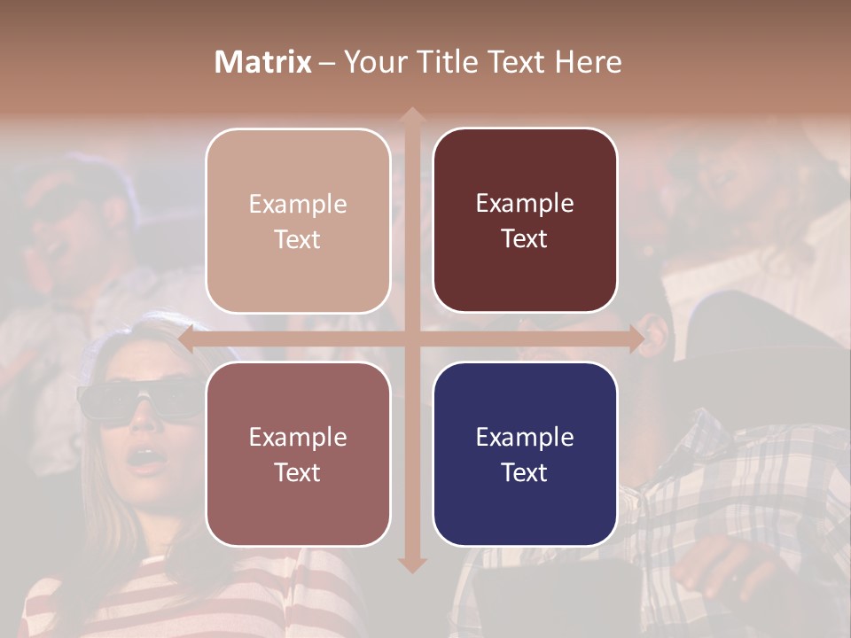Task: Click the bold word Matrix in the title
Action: pos(263,62)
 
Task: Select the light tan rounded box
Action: pos(298,221)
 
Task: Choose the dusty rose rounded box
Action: pos(298,454)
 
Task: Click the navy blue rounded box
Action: pos(525,454)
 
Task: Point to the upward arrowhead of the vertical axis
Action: pos(410,116)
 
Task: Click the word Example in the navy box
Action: pos(525,437)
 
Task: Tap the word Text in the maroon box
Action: pos(525,239)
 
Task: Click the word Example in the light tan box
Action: pos(298,204)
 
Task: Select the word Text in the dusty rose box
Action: pos(298,472)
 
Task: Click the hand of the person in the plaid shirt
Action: pos(727,567)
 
